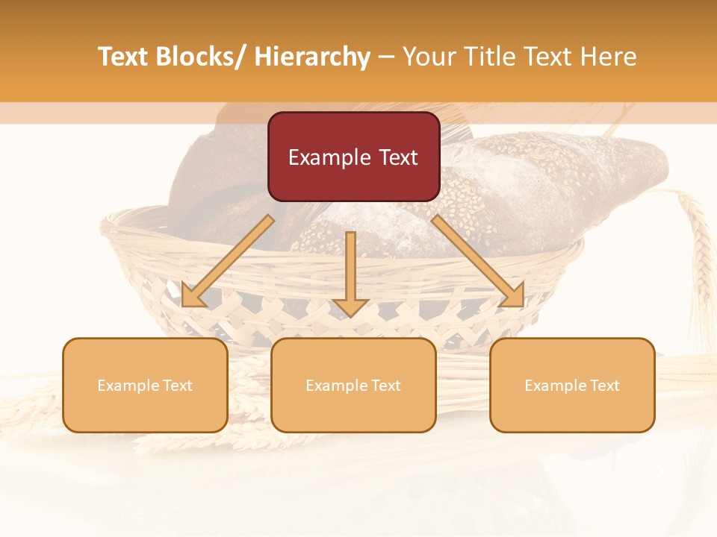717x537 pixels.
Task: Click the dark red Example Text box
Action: pyautogui.click(x=353, y=157)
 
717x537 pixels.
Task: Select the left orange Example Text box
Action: pyautogui.click(x=145, y=385)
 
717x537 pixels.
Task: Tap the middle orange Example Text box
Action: pyautogui.click(x=353, y=385)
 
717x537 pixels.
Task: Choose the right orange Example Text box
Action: pyautogui.click(x=572, y=385)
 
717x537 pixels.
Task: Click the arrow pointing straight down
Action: pyautogui.click(x=350, y=272)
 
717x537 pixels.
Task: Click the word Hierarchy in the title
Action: pyautogui.click(x=312, y=57)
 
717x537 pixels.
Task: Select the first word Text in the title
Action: pyautogui.click(x=123, y=57)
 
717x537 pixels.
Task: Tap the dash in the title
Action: pyautogui.click(x=386, y=57)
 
